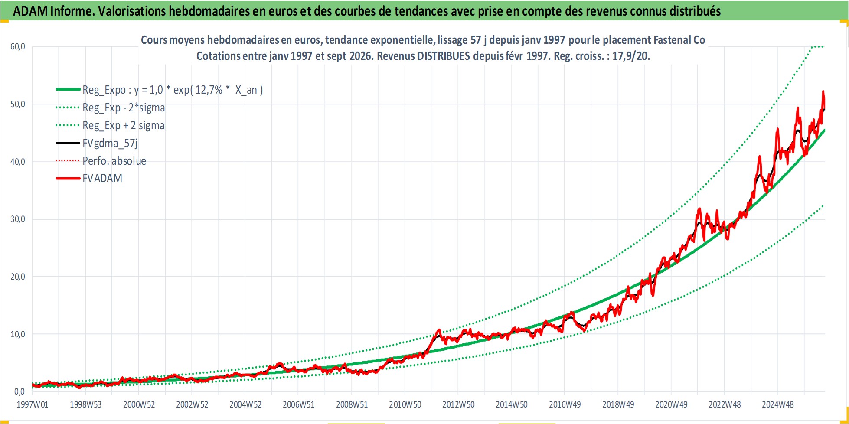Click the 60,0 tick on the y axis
(18, 46)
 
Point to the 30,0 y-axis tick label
(18, 219)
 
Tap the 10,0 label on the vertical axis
(18, 334)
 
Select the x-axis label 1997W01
(33, 404)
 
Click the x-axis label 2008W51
(352, 404)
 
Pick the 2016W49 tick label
(565, 404)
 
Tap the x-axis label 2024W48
(777, 404)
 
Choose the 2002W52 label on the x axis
(192, 404)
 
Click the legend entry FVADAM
(102, 178)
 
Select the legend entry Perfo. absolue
(114, 161)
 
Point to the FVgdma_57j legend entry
(110, 143)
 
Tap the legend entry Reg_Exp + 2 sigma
(124, 125)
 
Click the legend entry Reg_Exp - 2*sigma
(124, 108)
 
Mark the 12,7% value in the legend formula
(209, 90)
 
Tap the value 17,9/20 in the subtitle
(630, 56)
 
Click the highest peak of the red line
(823, 91)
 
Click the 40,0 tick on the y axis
(18, 162)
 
